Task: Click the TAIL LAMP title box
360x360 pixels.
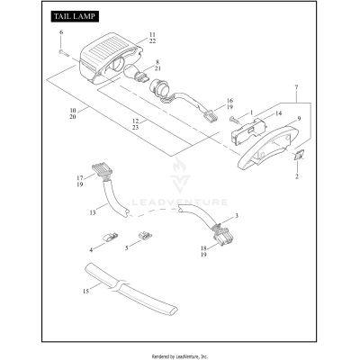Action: point(75,16)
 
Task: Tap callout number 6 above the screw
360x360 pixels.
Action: point(61,32)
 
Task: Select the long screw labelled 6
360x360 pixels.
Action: point(64,53)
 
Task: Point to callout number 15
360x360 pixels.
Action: point(86,291)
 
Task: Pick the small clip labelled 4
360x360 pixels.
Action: point(111,237)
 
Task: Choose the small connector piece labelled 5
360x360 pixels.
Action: point(145,236)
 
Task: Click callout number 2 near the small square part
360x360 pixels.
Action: point(297,176)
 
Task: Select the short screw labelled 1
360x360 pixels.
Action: point(234,120)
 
